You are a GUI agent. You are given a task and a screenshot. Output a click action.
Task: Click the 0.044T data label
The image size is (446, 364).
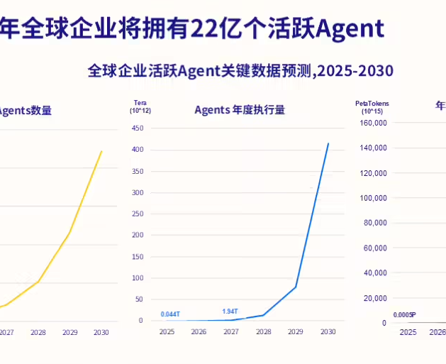[170, 314]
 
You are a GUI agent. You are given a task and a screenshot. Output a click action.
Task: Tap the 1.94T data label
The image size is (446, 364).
[230, 311]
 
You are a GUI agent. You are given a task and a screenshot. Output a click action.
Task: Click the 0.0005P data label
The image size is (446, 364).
[404, 314]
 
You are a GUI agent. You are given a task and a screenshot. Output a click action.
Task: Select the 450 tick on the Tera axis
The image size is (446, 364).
[138, 128]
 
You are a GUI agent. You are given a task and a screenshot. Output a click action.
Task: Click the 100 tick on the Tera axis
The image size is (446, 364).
[138, 277]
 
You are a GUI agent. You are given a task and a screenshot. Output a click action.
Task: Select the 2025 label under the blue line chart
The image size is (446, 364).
[167, 331]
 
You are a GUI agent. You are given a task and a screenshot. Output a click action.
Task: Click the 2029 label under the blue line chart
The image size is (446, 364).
[296, 331]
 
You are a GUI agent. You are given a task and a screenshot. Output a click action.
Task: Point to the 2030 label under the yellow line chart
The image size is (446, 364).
[101, 332]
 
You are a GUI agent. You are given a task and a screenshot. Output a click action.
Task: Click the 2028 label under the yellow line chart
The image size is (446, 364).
[38, 332]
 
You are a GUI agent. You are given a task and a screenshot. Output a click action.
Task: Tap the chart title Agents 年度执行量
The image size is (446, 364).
[240, 109]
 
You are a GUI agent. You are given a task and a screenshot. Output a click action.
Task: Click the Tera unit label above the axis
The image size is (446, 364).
[140, 104]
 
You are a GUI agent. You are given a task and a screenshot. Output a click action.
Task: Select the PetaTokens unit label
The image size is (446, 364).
[372, 104]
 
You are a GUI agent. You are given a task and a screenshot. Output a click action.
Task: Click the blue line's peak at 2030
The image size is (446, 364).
[328, 143]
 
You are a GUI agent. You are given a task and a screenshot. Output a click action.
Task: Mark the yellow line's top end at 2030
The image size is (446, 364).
[101, 150]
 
